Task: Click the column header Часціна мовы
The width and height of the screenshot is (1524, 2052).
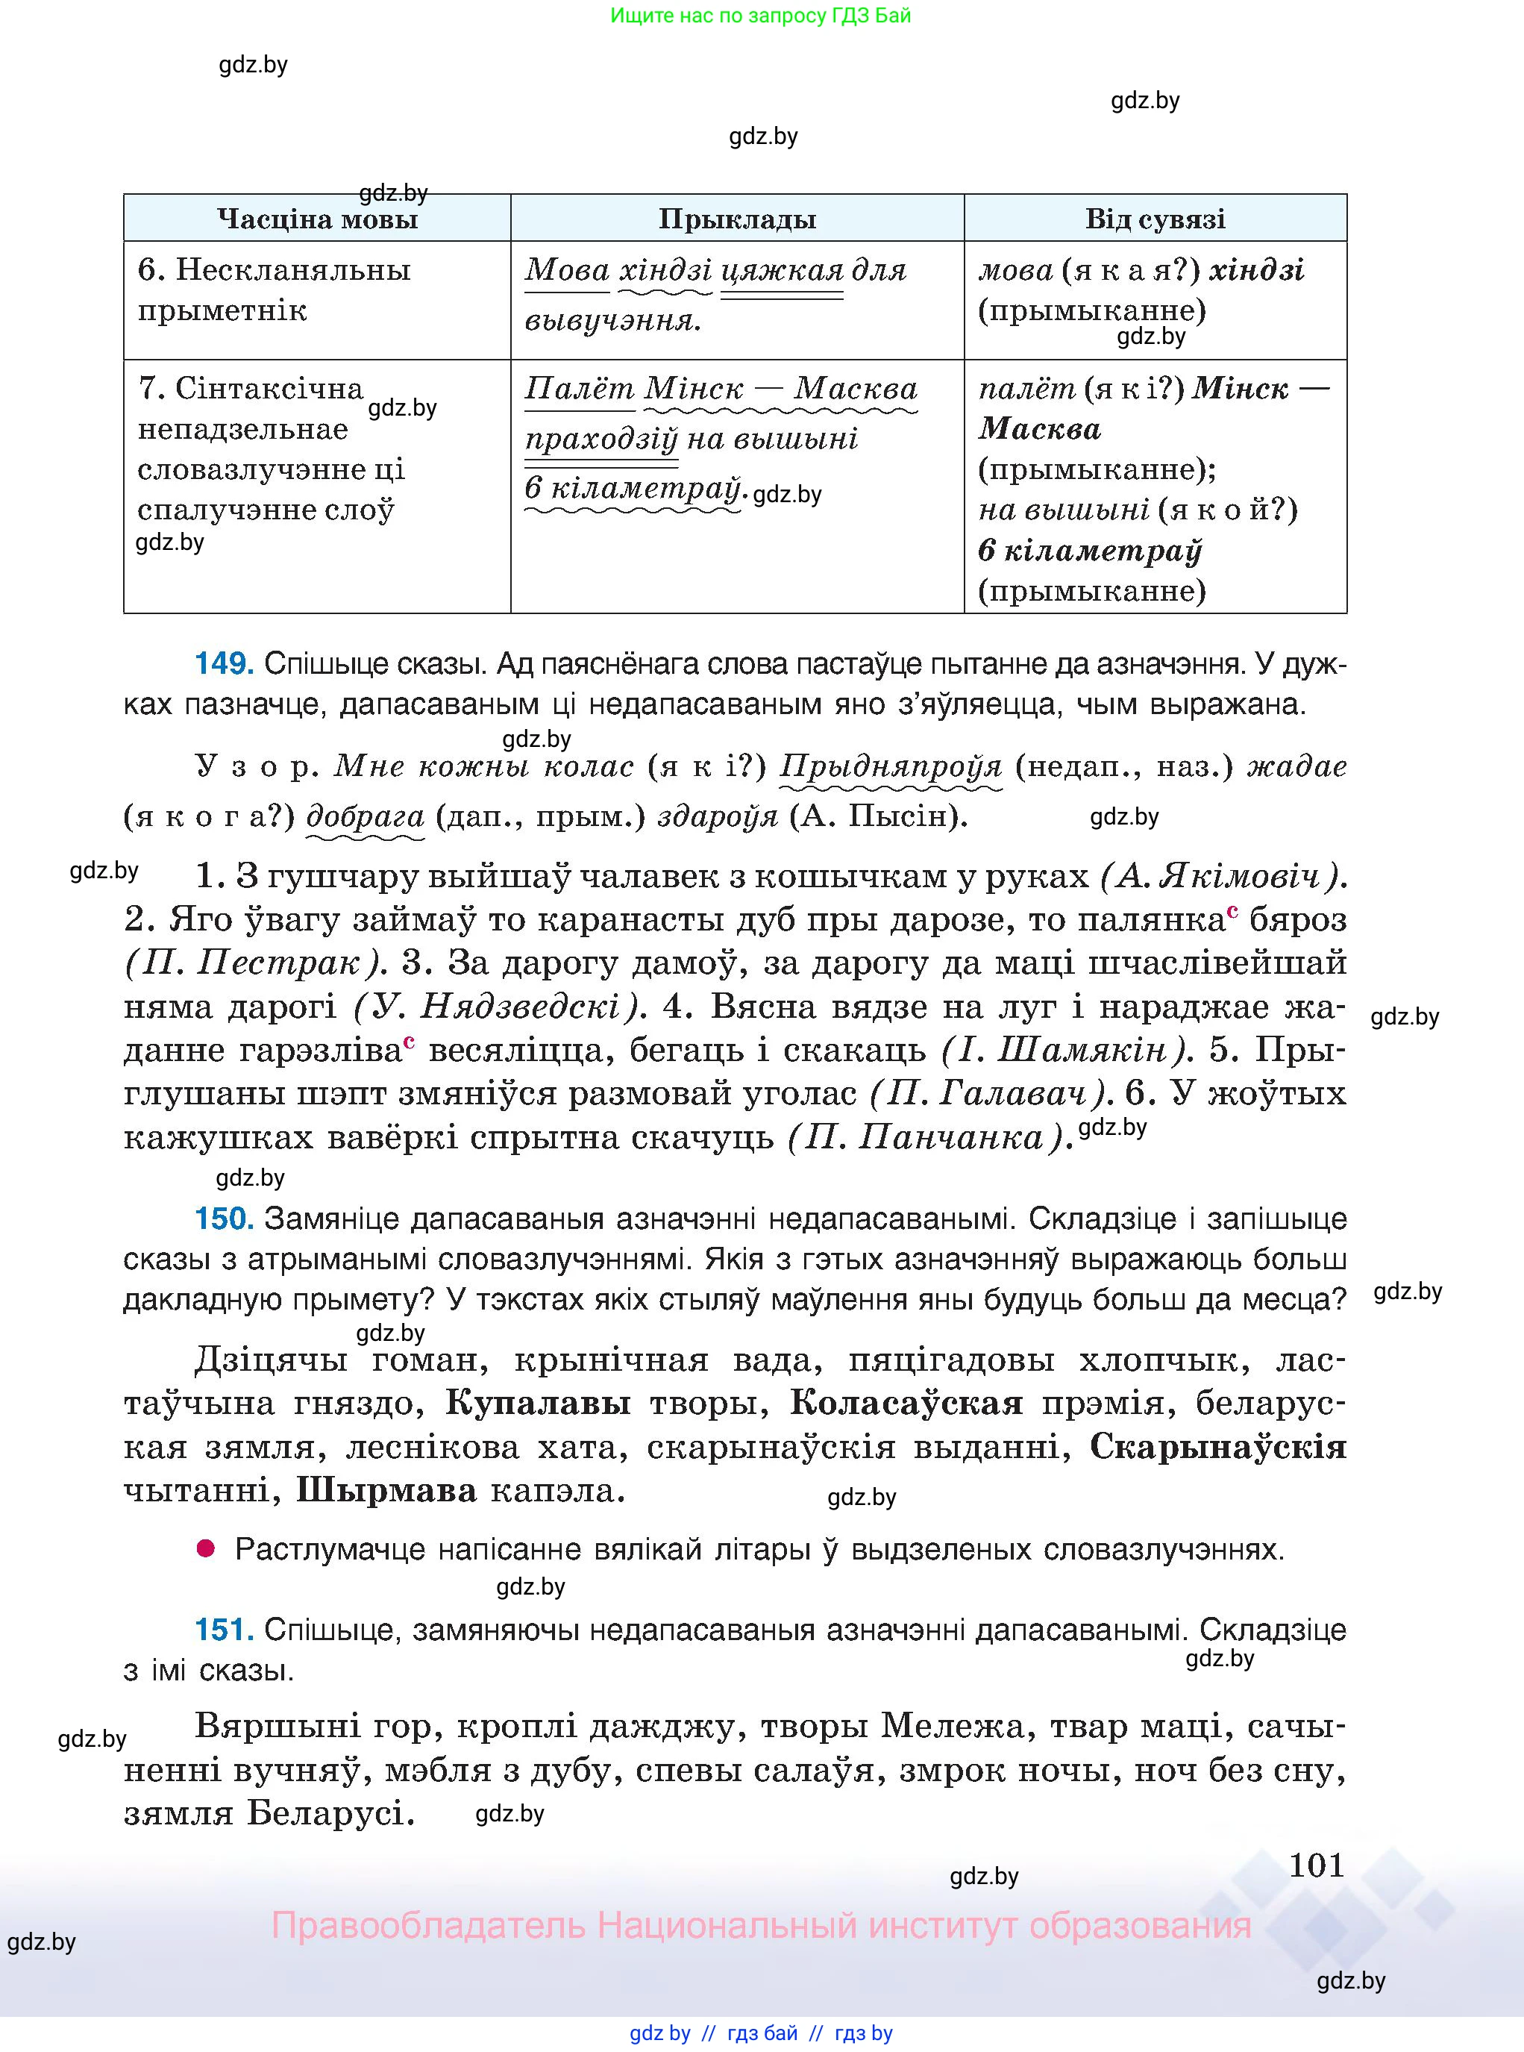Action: tap(317, 219)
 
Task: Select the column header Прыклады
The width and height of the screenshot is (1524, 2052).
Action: tap(737, 219)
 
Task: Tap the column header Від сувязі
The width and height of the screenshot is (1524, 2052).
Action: tap(1155, 219)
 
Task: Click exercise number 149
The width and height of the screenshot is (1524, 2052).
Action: tap(223, 663)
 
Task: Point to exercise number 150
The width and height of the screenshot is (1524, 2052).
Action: tap(223, 1219)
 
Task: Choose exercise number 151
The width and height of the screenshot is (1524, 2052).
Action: tap(223, 1630)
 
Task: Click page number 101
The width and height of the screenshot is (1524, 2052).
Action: tap(1316, 1865)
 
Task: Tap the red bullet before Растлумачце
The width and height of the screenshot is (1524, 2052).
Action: tap(206, 1549)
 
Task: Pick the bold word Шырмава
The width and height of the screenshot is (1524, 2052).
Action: tap(386, 1491)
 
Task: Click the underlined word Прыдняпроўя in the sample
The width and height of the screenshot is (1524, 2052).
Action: tap(891, 767)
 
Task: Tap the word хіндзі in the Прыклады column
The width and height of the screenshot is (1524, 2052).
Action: tap(665, 270)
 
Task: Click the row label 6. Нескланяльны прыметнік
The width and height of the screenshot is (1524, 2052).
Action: tap(274, 290)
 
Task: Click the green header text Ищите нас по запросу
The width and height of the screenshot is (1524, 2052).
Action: tap(760, 16)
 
